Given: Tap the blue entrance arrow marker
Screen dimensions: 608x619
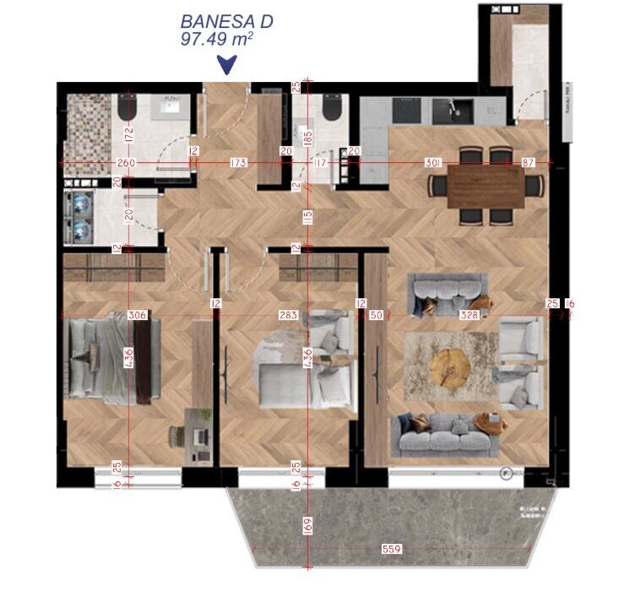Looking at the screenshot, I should point(226,64).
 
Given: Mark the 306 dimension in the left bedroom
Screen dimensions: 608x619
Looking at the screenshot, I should point(137,315).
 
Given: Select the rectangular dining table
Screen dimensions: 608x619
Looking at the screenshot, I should point(486,184).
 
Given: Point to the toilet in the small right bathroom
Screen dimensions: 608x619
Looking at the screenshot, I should point(330,108).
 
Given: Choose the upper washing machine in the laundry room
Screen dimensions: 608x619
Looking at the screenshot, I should point(82,204).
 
